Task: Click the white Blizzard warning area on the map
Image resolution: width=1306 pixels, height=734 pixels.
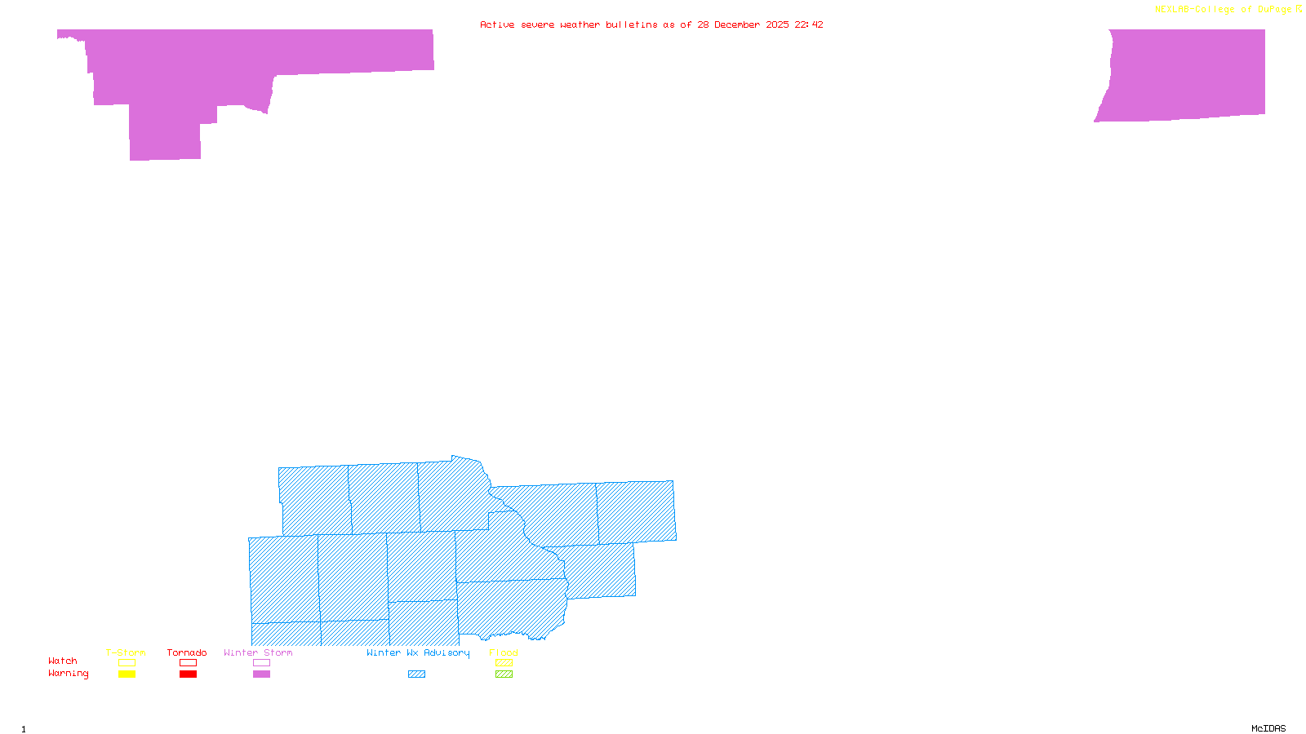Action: [x=86, y=204]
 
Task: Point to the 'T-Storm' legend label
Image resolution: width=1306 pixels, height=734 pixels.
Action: [x=126, y=652]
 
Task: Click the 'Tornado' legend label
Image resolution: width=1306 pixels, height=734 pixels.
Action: [x=187, y=652]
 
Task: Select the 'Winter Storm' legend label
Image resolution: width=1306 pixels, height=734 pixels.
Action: [x=258, y=652]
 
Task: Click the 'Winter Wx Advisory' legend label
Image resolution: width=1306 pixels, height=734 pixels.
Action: [x=418, y=652]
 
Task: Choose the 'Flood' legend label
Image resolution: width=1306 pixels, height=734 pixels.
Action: [x=504, y=652]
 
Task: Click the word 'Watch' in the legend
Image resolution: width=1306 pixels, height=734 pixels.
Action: [x=63, y=661]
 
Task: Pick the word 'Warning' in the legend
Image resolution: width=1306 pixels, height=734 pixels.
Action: [x=68, y=674]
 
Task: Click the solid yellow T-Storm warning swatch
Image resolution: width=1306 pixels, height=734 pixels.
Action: [x=127, y=674]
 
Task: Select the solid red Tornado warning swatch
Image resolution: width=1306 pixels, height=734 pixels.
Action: [x=188, y=674]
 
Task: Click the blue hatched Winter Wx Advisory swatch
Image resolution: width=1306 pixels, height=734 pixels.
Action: [x=416, y=674]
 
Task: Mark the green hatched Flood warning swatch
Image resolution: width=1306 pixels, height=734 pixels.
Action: [x=504, y=674]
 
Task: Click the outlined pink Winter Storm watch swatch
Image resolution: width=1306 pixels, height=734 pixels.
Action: [x=261, y=663]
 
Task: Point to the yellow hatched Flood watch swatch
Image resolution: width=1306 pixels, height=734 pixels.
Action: [x=504, y=663]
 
